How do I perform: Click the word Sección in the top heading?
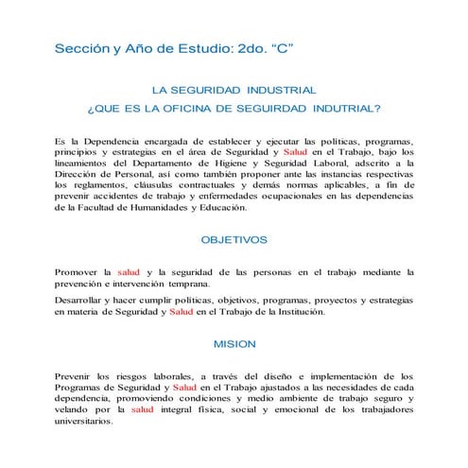(x=79, y=46)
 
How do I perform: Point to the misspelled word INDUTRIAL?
(x=346, y=109)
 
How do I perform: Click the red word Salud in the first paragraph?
(x=295, y=152)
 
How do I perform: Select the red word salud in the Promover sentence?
(x=128, y=271)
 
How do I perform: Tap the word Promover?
(x=82, y=271)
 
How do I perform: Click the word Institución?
(x=295, y=312)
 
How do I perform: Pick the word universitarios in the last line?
(x=84, y=422)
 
